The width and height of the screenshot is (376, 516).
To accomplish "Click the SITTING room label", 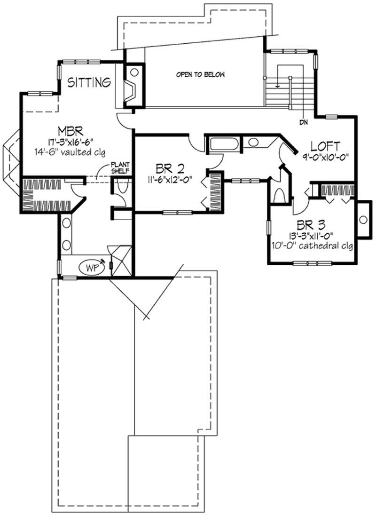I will (90, 83).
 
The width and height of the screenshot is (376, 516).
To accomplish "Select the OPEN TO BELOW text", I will (201, 75).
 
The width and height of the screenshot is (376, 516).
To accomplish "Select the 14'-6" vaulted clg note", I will (69, 151).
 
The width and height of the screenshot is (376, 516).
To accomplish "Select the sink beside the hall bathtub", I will (253, 143).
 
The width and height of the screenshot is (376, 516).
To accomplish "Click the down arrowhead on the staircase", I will (278, 86).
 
